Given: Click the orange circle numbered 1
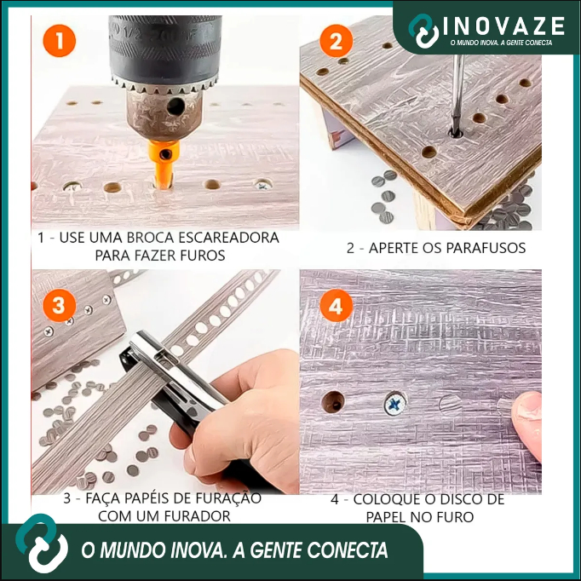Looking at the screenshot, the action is point(60,41).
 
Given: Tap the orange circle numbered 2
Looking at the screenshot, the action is point(336,41).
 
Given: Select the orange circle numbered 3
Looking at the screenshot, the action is point(60,306).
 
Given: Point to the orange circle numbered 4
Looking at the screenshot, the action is point(336,306).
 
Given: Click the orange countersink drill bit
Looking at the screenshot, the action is point(164,163).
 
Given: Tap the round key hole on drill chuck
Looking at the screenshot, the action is point(175,107).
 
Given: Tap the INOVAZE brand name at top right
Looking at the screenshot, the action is point(504,26).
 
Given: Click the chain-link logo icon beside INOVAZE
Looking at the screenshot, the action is point(424,32).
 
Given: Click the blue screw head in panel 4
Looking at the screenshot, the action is point(395,404).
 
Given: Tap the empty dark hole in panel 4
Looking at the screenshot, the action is point(332,401).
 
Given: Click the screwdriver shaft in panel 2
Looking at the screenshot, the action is point(457,93).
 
